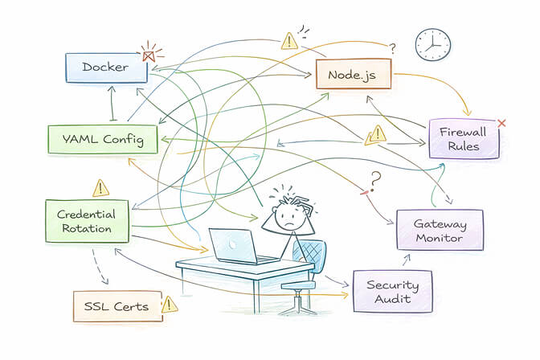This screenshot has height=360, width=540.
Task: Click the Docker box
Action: tap(105, 67)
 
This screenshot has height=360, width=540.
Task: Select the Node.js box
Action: tap(353, 76)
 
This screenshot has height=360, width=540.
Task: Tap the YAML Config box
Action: tap(101, 140)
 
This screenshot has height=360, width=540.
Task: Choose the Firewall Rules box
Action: tap(464, 139)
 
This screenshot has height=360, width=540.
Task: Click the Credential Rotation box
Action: tap(88, 221)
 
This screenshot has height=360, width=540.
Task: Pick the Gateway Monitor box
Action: tap(440, 230)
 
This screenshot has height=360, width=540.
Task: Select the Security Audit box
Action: tap(391, 292)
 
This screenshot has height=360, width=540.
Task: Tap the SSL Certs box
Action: tap(116, 306)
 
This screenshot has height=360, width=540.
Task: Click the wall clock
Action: tap(432, 44)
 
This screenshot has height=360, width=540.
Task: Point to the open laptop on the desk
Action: tap(236, 246)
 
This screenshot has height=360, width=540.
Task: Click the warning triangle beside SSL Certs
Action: tap(169, 305)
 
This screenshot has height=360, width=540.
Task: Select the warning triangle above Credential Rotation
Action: tap(100, 188)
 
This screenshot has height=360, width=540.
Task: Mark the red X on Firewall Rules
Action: tap(502, 123)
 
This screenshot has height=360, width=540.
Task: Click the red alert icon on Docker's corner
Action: tap(148, 55)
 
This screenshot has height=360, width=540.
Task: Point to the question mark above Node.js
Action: tap(392, 50)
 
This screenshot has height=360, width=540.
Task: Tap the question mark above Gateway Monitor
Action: tap(374, 178)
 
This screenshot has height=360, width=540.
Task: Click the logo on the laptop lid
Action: tap(233, 243)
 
